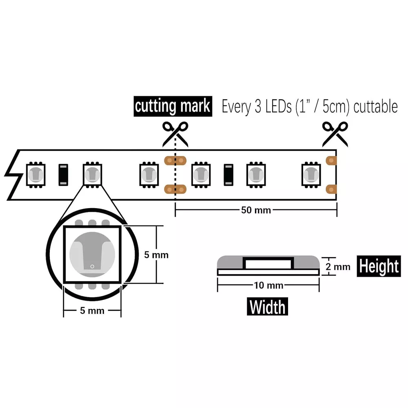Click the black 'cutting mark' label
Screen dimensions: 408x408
click(173, 106)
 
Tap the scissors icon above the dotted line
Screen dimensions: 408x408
click(175, 134)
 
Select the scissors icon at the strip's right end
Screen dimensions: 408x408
click(335, 134)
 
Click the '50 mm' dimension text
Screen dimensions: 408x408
click(256, 210)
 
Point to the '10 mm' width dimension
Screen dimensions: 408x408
click(268, 285)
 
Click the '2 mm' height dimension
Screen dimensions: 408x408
click(338, 267)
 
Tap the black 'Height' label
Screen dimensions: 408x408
click(379, 266)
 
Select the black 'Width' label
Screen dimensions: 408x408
click(267, 306)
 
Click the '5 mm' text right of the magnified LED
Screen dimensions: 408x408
click(156, 255)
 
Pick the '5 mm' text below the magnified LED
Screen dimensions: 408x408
click(92, 310)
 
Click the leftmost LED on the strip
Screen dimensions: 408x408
click(36, 175)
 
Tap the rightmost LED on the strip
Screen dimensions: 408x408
click(311, 175)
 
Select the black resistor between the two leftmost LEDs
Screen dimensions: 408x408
click(63, 175)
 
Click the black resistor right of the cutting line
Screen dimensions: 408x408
click(228, 175)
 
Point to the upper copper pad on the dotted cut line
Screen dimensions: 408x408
click(175, 160)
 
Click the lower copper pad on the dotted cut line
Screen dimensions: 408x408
click(175, 189)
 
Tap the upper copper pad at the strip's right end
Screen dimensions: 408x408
click(331, 160)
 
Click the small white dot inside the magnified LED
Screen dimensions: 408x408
click(92, 266)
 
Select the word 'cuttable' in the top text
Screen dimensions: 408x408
click(375, 106)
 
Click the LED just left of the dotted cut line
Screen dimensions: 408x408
click(149, 175)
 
